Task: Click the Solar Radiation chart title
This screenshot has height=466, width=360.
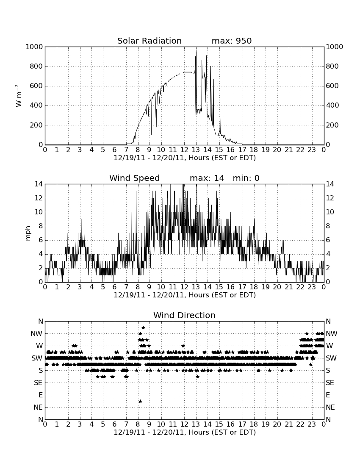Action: (x=150, y=41)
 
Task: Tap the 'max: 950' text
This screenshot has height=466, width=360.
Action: (x=232, y=41)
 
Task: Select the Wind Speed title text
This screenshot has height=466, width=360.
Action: (x=135, y=178)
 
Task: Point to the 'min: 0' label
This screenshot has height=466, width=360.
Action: (x=246, y=178)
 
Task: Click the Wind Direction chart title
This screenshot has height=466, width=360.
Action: (x=184, y=315)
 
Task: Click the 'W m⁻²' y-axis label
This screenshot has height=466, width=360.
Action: (x=18, y=96)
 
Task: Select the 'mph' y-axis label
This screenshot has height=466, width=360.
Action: (x=28, y=233)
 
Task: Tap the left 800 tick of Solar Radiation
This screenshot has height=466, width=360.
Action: (x=36, y=66)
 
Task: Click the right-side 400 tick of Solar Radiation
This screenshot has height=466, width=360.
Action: (x=332, y=105)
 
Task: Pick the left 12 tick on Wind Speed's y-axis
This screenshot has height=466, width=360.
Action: (x=39, y=198)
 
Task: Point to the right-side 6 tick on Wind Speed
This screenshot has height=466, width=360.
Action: (x=328, y=240)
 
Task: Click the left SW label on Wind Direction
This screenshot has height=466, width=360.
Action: (x=37, y=358)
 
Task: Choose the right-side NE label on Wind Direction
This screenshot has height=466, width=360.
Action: (x=330, y=407)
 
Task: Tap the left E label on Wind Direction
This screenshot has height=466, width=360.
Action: (x=41, y=395)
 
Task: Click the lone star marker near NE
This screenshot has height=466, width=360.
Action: (x=141, y=401)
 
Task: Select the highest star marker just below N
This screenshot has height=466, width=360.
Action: (x=144, y=327)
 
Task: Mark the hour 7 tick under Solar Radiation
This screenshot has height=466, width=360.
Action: (x=126, y=150)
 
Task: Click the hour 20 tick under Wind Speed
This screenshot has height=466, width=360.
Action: (x=277, y=287)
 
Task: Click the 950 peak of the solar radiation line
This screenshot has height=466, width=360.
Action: (x=196, y=51)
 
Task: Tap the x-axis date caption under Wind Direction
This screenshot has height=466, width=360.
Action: (x=185, y=432)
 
